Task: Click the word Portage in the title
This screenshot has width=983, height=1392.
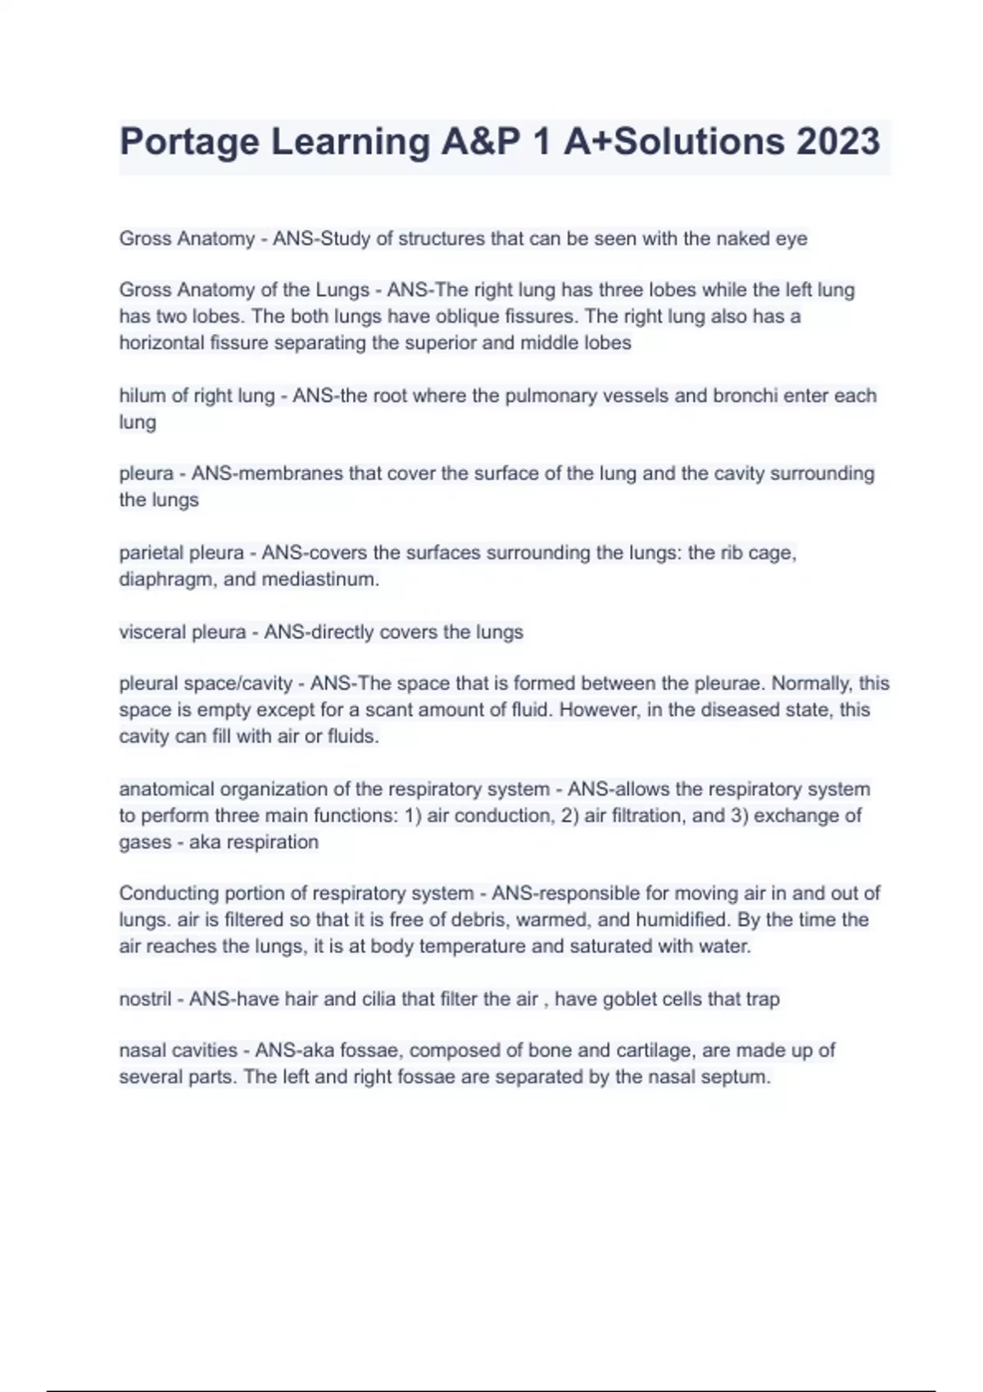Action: coord(189,142)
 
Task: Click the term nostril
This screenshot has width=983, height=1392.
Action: coord(145,999)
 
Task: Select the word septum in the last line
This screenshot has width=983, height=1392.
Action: coord(738,1077)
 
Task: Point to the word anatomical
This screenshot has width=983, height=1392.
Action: coord(167,789)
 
